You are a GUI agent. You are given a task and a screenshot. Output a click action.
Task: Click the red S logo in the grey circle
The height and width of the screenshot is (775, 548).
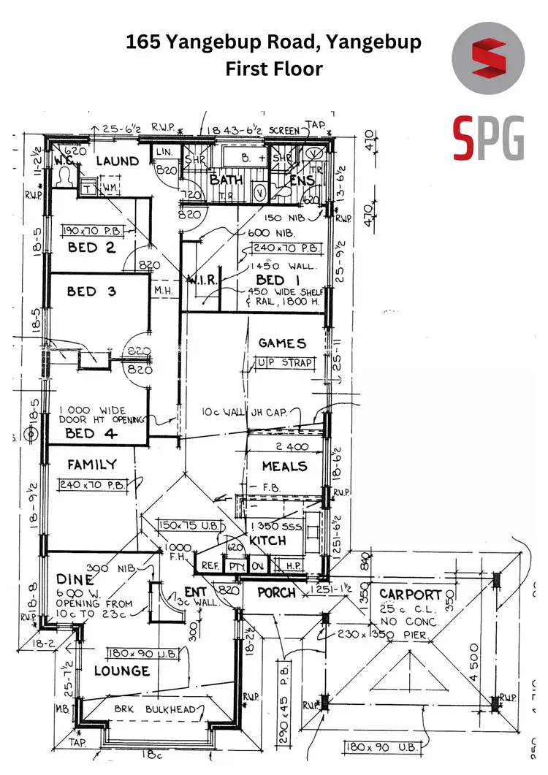click(488, 61)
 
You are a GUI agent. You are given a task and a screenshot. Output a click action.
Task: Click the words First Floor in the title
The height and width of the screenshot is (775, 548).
click(273, 69)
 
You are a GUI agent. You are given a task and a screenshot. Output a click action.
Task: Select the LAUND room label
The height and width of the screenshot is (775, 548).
click(117, 161)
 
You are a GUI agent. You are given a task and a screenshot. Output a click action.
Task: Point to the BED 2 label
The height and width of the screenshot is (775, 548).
click(91, 248)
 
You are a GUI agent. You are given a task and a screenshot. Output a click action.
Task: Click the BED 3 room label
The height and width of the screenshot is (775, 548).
click(91, 291)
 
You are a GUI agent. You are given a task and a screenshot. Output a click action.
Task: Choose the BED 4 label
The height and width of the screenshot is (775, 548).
click(85, 433)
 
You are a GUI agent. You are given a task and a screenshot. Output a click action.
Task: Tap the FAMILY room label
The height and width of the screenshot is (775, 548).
click(92, 465)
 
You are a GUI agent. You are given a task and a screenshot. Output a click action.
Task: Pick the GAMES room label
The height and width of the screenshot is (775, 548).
click(282, 343)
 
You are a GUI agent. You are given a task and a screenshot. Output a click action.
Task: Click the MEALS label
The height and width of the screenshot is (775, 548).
click(284, 466)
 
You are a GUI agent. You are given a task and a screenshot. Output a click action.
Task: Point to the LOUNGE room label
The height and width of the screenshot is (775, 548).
click(121, 671)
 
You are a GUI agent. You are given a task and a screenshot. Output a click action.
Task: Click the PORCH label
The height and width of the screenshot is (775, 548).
click(277, 592)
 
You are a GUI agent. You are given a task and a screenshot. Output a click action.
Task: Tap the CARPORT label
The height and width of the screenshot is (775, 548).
click(411, 595)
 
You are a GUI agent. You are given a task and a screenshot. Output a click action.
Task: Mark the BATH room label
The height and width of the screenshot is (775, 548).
click(226, 179)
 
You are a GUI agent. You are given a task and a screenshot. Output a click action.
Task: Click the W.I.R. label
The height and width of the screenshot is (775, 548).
click(199, 281)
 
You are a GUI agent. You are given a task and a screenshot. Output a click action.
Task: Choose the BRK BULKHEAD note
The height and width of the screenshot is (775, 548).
click(154, 709)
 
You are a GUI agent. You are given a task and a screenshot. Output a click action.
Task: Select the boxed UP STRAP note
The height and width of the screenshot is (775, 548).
click(284, 363)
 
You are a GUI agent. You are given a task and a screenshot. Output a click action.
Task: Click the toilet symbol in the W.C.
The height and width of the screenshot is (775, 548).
click(65, 178)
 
